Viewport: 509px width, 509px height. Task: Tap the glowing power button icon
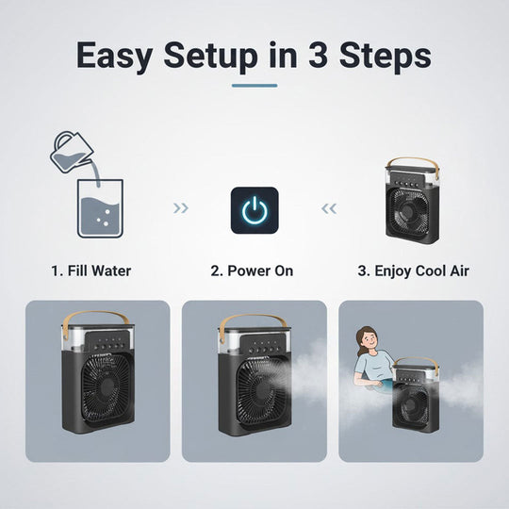pyautogui.click(x=254, y=210)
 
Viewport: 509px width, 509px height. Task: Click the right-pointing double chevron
pyautogui.click(x=182, y=208)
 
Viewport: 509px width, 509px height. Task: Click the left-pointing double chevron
pyautogui.click(x=329, y=208)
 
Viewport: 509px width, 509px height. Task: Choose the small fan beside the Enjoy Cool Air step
pyautogui.click(x=411, y=204)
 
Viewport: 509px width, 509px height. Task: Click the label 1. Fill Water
pyautogui.click(x=90, y=271)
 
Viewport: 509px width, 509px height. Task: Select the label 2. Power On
pyautogui.click(x=252, y=271)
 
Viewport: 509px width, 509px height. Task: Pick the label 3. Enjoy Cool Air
pyautogui.click(x=413, y=271)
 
